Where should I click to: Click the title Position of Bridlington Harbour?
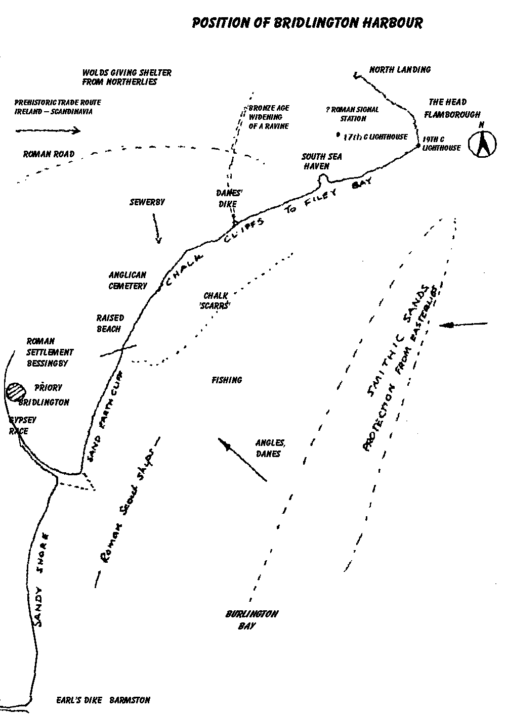[x=307, y=23]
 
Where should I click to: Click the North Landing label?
[x=400, y=70]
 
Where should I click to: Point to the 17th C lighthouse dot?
[x=338, y=135]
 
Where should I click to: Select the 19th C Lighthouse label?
[x=441, y=143]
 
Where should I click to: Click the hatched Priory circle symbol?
[x=16, y=391]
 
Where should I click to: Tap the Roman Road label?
[x=49, y=154]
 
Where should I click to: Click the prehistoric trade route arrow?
[x=48, y=131]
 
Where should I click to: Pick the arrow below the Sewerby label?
[x=157, y=228]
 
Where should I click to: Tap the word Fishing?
[x=227, y=380]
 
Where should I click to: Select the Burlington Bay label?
[x=251, y=620]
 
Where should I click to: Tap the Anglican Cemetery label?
[x=128, y=280]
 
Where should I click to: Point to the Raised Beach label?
[x=110, y=323]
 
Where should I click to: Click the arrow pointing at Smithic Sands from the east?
[x=463, y=325]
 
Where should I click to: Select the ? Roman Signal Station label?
[x=353, y=114]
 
